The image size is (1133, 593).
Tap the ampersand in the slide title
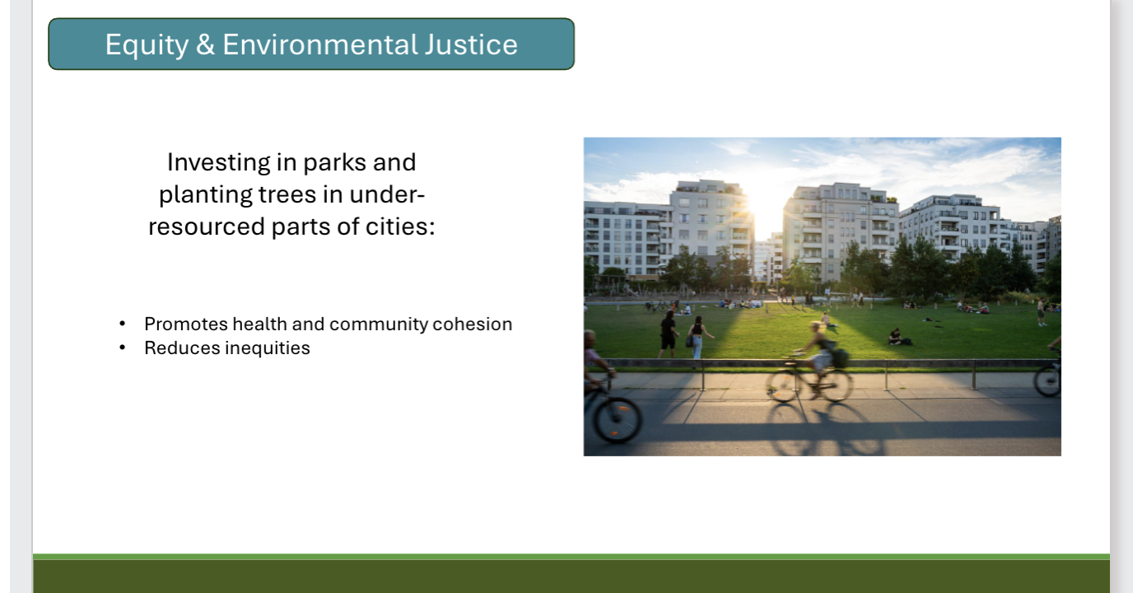tap(206, 44)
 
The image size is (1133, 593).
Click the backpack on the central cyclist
tap(839, 357)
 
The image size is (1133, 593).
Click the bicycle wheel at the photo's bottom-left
tap(617, 418)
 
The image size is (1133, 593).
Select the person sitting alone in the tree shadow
tap(896, 337)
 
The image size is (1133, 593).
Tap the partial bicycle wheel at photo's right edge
tap(1049, 381)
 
